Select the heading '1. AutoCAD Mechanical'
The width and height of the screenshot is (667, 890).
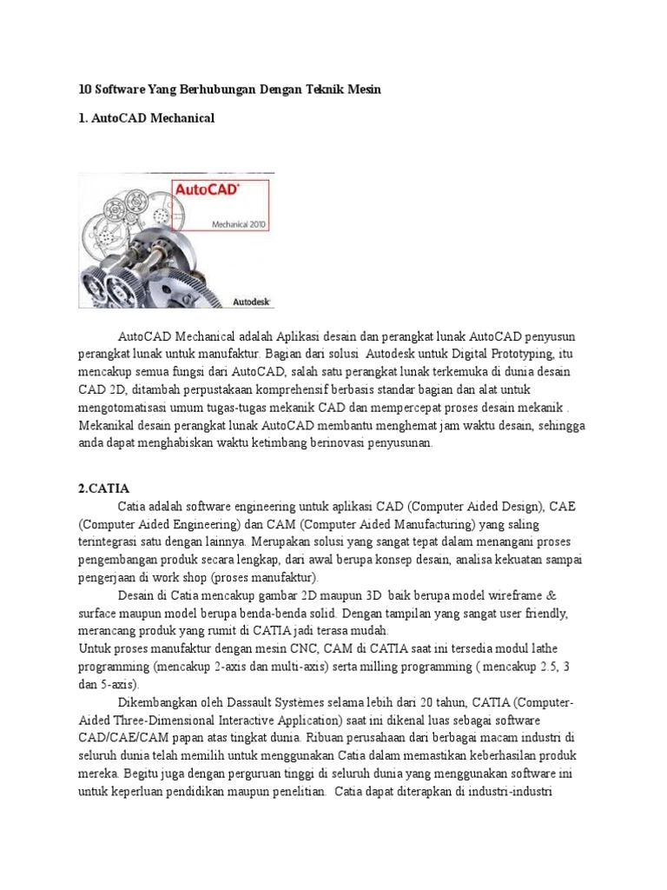point(146,116)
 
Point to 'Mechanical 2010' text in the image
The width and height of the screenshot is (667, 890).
point(240,223)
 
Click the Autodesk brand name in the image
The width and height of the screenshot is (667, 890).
point(253,302)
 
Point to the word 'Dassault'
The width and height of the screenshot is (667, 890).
point(253,702)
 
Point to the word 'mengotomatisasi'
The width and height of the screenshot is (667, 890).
point(127,408)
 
